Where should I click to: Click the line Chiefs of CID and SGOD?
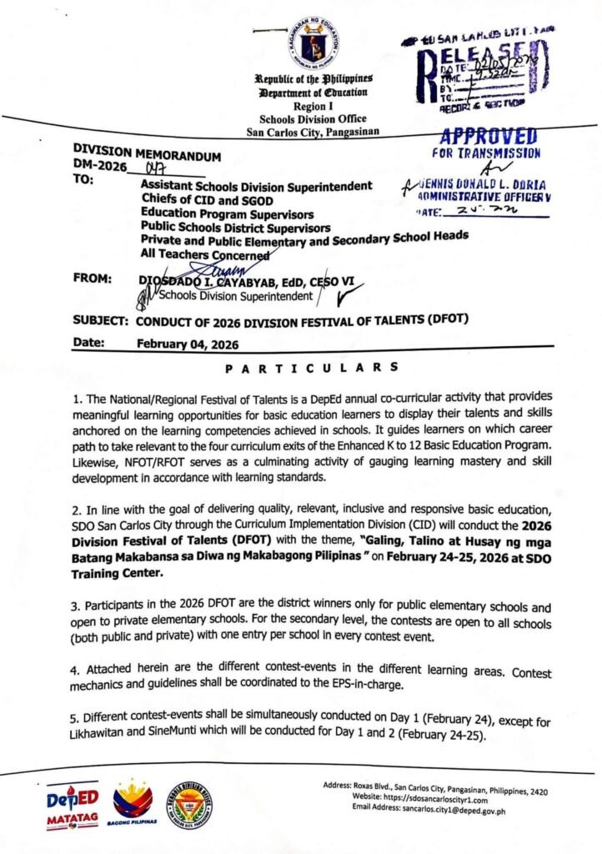(207, 199)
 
